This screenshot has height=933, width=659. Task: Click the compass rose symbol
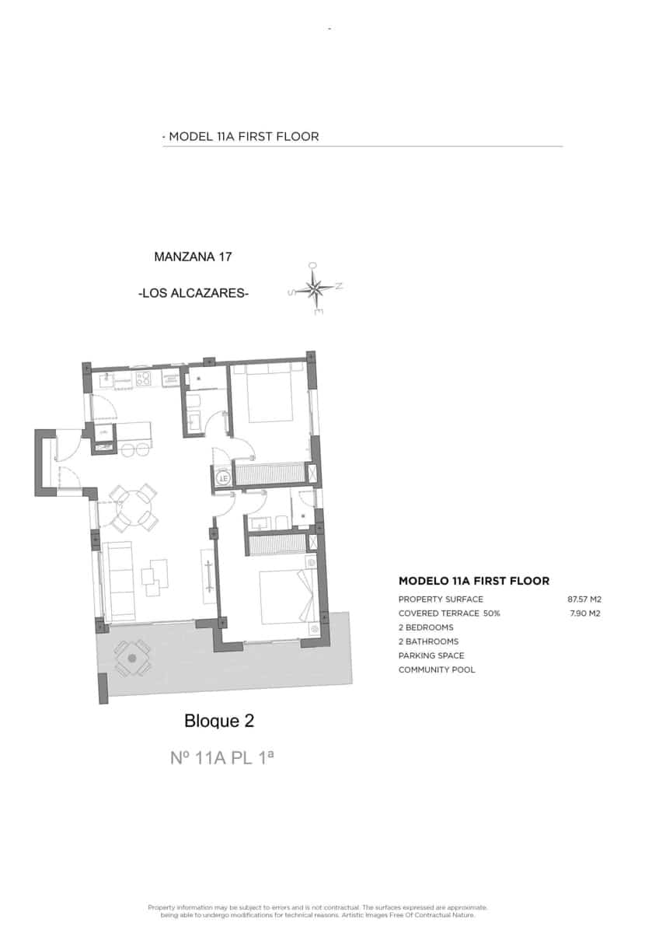pos(316,288)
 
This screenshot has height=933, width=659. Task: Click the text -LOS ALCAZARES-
pos(193,294)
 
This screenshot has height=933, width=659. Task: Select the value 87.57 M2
pos(584,599)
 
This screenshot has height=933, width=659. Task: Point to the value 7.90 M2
pos(586,613)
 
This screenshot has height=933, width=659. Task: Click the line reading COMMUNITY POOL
pos(437,669)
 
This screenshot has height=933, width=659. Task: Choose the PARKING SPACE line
pos(431,655)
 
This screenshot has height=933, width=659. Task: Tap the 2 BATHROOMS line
pos(428,641)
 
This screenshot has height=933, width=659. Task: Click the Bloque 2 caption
pos(219,722)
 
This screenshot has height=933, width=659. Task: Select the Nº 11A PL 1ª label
pos(221,757)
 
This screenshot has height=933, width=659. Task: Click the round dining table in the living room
pos(133,508)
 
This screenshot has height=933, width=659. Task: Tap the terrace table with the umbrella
pos(132,658)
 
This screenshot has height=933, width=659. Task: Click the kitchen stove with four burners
pos(144,379)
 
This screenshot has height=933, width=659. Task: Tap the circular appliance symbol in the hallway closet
pos(223,478)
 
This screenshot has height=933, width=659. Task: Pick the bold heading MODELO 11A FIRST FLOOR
pos(473,581)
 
